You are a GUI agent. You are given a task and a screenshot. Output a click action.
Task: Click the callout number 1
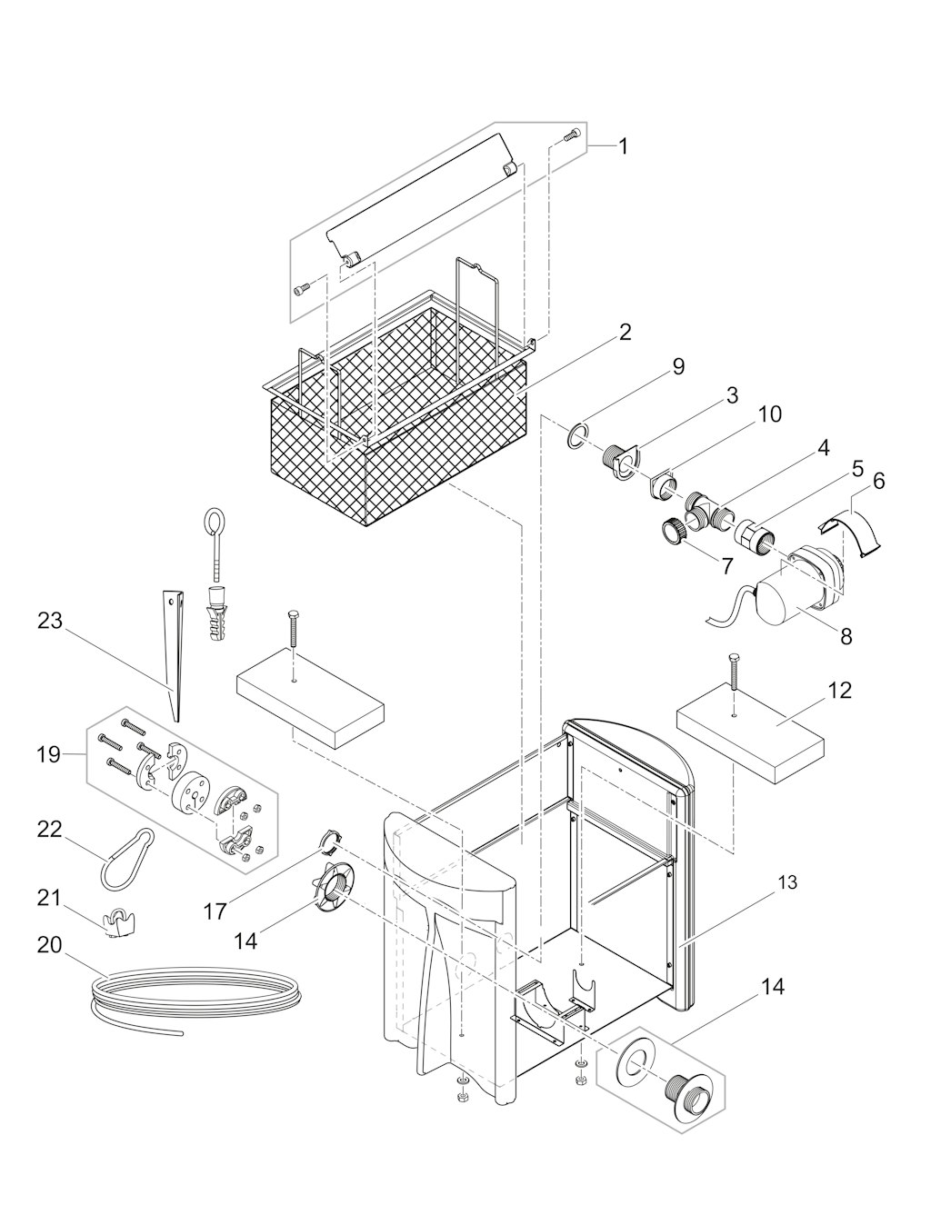pos(624,147)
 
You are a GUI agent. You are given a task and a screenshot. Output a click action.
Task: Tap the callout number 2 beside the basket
pos(625,334)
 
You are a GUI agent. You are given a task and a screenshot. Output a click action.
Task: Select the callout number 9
pos(678,367)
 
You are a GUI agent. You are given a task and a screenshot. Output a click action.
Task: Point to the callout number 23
pos(50,621)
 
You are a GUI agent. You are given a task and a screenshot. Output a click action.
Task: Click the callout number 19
pos(49,754)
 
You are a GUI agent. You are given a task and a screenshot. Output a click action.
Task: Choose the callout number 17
pos(215,911)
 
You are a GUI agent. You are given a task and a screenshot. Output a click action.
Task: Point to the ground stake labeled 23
pos(174,656)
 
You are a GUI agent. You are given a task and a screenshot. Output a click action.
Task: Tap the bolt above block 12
pos(734,672)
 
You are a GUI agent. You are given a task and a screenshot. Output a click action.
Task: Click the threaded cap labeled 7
pos(673,532)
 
